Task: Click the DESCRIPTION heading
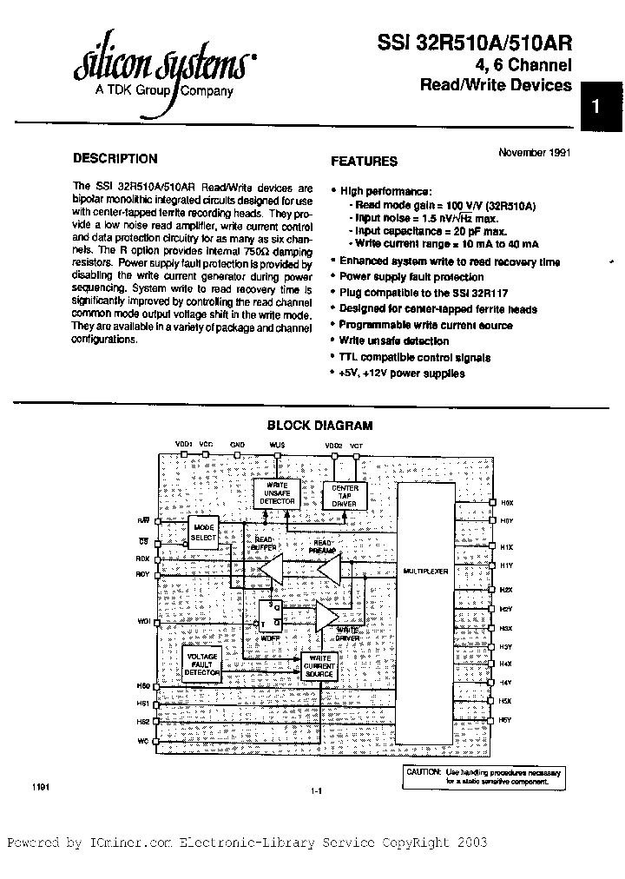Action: (x=115, y=159)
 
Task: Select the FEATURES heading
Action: (x=365, y=161)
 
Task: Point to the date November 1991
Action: (x=535, y=152)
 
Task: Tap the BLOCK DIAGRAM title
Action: (x=319, y=426)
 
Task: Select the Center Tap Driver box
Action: (x=345, y=494)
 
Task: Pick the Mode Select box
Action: (x=203, y=533)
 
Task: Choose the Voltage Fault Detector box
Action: (x=202, y=664)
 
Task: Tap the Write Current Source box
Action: (x=319, y=667)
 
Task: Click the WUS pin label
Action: (x=277, y=445)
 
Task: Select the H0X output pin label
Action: (x=507, y=503)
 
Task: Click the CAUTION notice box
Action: (x=488, y=777)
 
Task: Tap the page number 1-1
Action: (x=315, y=790)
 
